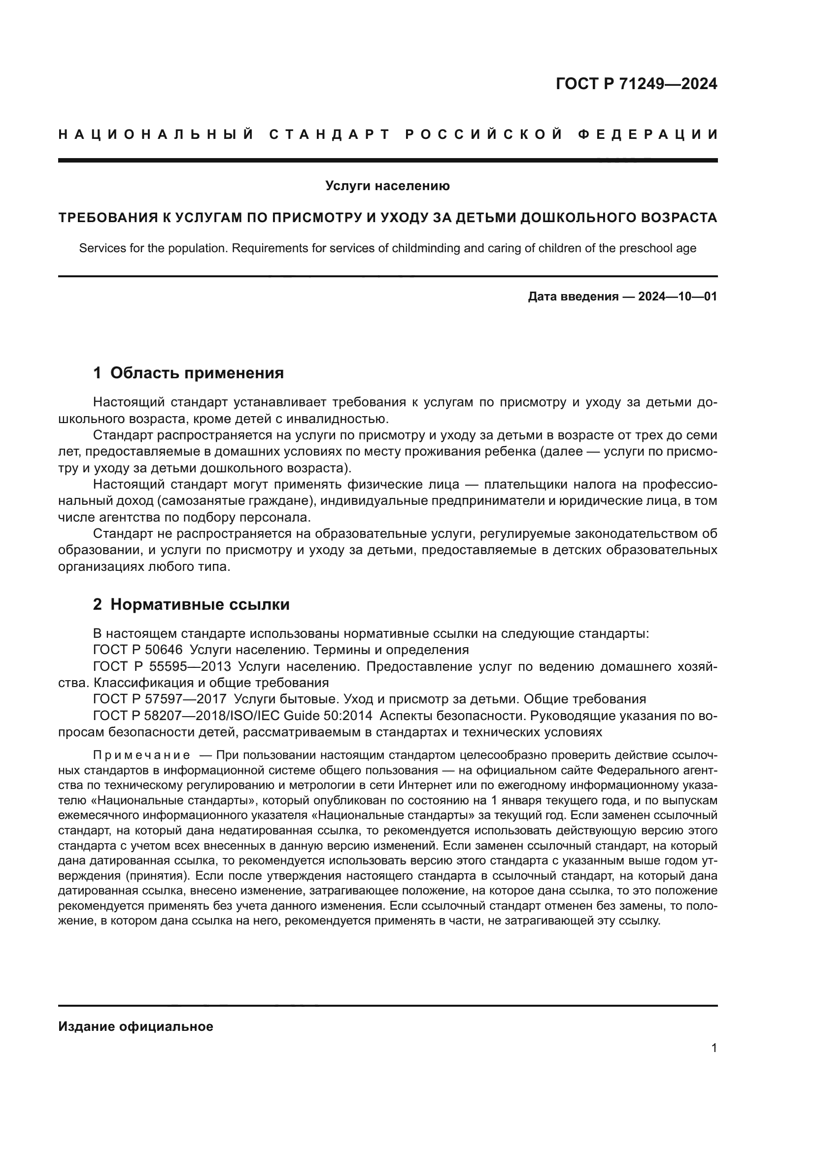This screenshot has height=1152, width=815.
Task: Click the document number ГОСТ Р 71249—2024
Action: pyautogui.click(x=636, y=84)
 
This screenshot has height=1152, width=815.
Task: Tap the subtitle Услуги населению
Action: pyautogui.click(x=387, y=186)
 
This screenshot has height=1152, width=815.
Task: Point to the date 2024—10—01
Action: pyautogui.click(x=678, y=296)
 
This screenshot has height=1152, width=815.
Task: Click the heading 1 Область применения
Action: pyautogui.click(x=188, y=373)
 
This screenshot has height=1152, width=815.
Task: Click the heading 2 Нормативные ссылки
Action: pyautogui.click(x=191, y=605)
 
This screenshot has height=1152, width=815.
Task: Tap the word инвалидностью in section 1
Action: pyautogui.click(x=341, y=419)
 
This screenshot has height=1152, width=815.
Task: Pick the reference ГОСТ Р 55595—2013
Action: pyautogui.click(x=162, y=667)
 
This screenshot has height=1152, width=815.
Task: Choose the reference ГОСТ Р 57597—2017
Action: pyautogui.click(x=160, y=699)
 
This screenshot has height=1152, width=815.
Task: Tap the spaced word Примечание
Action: pyautogui.click(x=141, y=756)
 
